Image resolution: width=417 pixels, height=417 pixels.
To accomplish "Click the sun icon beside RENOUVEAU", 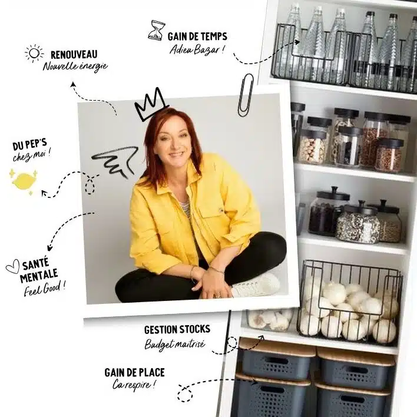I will click(x=34, y=54).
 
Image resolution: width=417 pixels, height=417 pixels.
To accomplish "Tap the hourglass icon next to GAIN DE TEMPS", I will click(x=157, y=30).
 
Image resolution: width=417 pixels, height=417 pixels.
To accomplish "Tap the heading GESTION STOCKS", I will click(x=177, y=329).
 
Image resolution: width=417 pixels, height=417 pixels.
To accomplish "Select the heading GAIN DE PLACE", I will click(x=134, y=372).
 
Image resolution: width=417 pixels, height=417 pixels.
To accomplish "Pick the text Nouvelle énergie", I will click(x=75, y=66).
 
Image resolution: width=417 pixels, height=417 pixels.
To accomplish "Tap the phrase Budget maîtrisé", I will click(x=175, y=343).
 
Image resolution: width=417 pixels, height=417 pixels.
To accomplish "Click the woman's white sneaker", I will click(x=256, y=286).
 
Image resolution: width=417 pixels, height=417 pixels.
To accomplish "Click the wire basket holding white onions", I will click(x=349, y=300).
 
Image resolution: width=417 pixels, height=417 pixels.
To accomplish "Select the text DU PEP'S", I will click(x=30, y=145).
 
